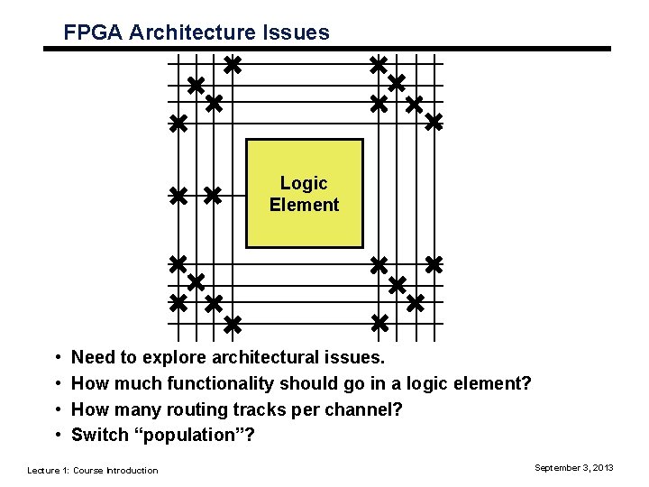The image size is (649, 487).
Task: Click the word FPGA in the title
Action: [x=93, y=33]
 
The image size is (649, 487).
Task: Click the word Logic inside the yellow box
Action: [x=304, y=183]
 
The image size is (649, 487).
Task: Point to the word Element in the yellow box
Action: [x=304, y=205]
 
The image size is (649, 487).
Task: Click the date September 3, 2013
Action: [x=574, y=467]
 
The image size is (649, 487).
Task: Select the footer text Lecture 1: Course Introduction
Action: [x=92, y=470]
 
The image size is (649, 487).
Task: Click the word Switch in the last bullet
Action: [x=99, y=435]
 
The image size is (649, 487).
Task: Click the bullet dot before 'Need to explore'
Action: [x=55, y=359]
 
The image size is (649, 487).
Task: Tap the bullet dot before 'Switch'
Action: [x=55, y=436]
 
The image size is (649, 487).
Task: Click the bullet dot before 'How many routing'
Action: [x=55, y=410]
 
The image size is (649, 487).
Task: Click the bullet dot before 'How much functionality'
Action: [x=55, y=384]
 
